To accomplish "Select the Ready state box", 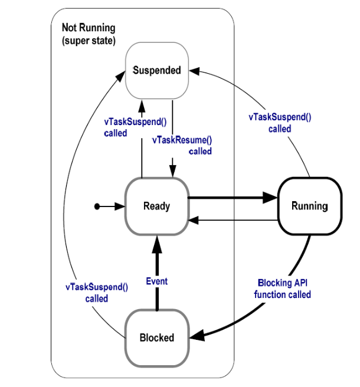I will [156, 206].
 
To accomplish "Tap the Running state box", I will [309, 206].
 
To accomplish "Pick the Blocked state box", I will [156, 337].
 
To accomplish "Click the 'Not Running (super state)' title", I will [89, 34].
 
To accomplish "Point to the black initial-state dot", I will [97, 206].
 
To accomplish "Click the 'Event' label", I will [156, 281].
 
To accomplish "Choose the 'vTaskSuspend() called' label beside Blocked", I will [96, 293].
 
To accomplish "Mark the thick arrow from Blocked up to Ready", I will [156, 265].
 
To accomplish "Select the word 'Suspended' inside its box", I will [156, 71].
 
